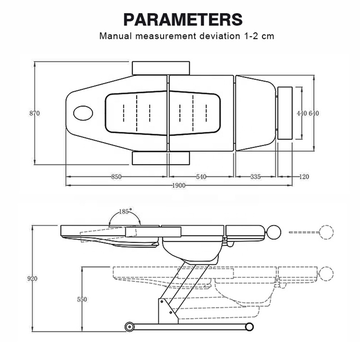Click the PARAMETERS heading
[183, 20]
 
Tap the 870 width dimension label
[35, 113]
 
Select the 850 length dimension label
[117, 177]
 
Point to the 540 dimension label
[201, 177]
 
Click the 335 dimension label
[256, 177]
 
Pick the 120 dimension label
[304, 177]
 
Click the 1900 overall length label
[179, 185]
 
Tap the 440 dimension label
[301, 113]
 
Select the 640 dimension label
[314, 113]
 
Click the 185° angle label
[126, 211]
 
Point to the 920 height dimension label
[32, 279]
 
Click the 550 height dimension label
[82, 299]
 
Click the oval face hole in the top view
[83, 113]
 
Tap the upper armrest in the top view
[161, 68]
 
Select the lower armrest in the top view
[161, 158]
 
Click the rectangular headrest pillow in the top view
[285, 113]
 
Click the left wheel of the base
[129, 327]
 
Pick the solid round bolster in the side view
[274, 232]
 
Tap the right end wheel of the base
[249, 327]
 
